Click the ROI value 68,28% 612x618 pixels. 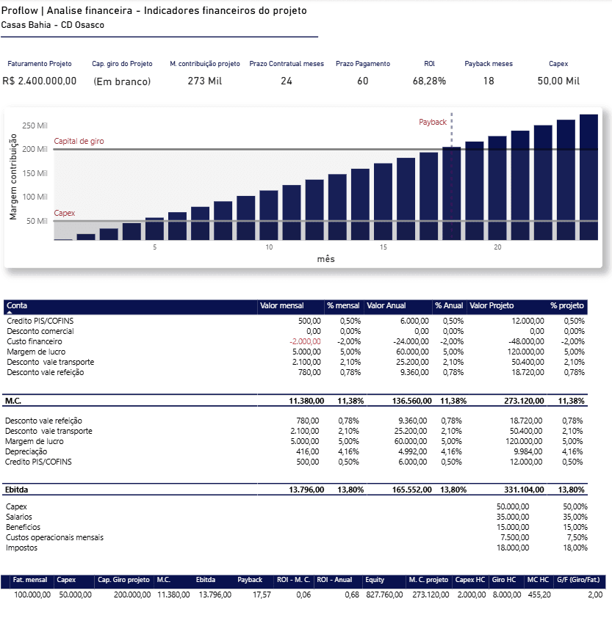point(429,81)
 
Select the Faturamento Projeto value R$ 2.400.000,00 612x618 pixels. point(40,81)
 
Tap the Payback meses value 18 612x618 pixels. point(489,81)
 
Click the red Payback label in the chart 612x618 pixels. point(433,122)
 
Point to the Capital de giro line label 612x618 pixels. point(79,140)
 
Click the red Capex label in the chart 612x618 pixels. point(65,213)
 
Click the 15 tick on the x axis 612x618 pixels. point(384,247)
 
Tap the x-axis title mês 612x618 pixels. point(325,259)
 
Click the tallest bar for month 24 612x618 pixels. point(588,177)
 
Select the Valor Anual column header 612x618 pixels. point(386,305)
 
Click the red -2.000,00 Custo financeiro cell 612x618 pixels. point(305,341)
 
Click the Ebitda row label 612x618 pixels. point(17,489)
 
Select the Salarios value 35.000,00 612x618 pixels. point(513,517)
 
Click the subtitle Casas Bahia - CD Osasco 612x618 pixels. point(53,25)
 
